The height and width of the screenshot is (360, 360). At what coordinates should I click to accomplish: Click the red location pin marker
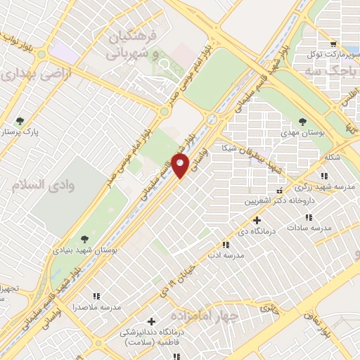click(181, 166)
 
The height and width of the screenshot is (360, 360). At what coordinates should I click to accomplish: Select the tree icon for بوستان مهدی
click(302, 121)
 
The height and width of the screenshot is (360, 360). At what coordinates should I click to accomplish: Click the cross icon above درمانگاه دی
click(257, 220)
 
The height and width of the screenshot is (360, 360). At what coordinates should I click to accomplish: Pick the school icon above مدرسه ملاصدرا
click(97, 297)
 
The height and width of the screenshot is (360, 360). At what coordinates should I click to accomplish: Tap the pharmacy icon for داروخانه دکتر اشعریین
click(281, 190)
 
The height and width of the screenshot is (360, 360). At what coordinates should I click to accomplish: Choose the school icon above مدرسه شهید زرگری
click(324, 175)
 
